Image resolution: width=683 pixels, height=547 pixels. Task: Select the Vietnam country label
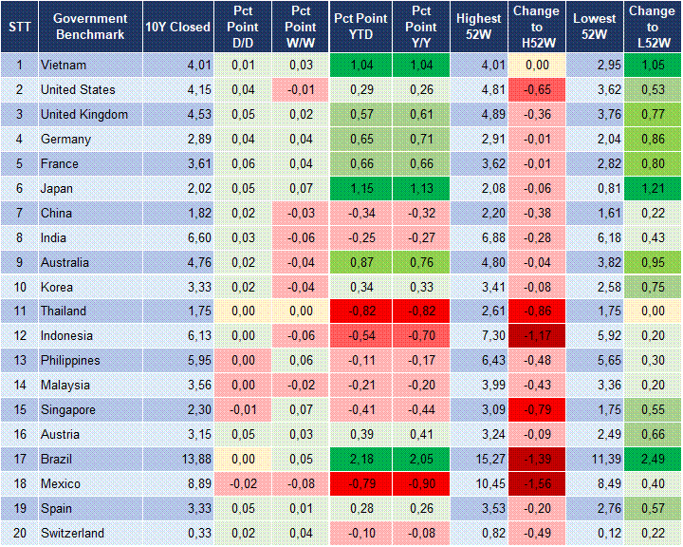click(64, 65)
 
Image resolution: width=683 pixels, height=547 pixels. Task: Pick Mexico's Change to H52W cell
click(537, 484)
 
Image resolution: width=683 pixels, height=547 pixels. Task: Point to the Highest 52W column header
click(478, 27)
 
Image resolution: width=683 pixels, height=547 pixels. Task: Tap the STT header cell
click(19, 27)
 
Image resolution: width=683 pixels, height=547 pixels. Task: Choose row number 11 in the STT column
click(19, 311)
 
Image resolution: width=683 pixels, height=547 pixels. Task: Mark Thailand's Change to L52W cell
click(653, 311)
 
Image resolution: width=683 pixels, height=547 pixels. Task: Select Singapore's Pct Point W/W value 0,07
click(301, 410)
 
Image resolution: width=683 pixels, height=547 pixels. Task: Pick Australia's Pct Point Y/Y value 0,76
click(417, 262)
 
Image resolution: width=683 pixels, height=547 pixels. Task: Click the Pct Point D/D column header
click(244, 27)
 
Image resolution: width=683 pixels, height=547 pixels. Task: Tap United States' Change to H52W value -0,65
click(537, 89)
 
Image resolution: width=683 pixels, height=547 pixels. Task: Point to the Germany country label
click(65, 139)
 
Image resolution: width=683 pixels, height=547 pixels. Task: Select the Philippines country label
click(71, 361)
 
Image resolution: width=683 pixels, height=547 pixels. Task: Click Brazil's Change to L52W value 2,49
click(653, 460)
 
